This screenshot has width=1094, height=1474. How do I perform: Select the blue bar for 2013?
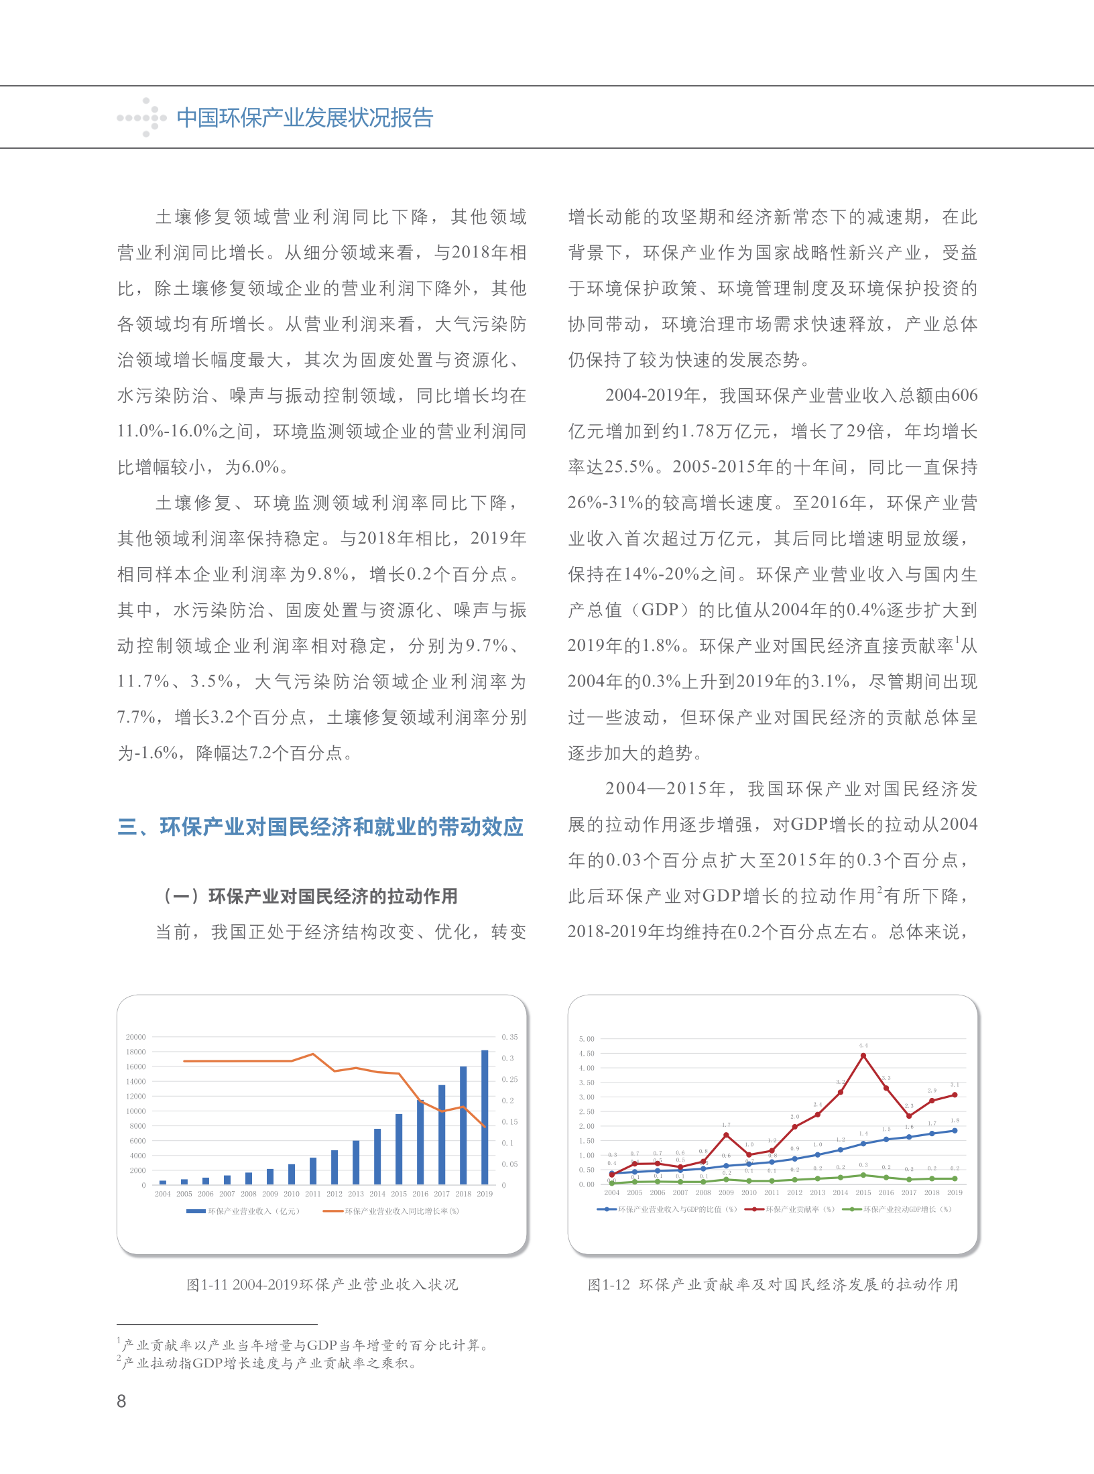pyautogui.click(x=356, y=1163)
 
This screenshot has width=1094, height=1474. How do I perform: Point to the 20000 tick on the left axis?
pyautogui.click(x=135, y=1037)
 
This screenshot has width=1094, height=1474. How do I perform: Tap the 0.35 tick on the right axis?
pyautogui.click(x=509, y=1037)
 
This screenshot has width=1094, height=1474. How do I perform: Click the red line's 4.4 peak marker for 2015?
pyautogui.click(x=863, y=1056)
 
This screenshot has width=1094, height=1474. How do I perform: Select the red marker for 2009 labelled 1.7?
pyautogui.click(x=726, y=1135)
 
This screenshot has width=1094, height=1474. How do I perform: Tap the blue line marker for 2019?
pyautogui.click(x=955, y=1131)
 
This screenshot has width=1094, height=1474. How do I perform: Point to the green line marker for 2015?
pyautogui.click(x=863, y=1175)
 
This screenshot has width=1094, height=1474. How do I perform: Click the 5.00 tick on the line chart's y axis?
pyautogui.click(x=587, y=1039)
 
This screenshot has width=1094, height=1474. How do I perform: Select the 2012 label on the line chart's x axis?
pyautogui.click(x=794, y=1192)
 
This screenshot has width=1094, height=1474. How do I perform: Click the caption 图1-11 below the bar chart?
pyautogui.click(x=322, y=1284)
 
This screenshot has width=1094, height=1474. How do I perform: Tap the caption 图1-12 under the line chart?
pyautogui.click(x=772, y=1284)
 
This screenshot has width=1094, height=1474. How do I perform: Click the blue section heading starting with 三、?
pyautogui.click(x=320, y=827)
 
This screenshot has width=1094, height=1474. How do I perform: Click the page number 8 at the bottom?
pyautogui.click(x=121, y=1401)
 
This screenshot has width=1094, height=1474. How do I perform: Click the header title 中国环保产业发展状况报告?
pyautogui.click(x=305, y=118)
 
